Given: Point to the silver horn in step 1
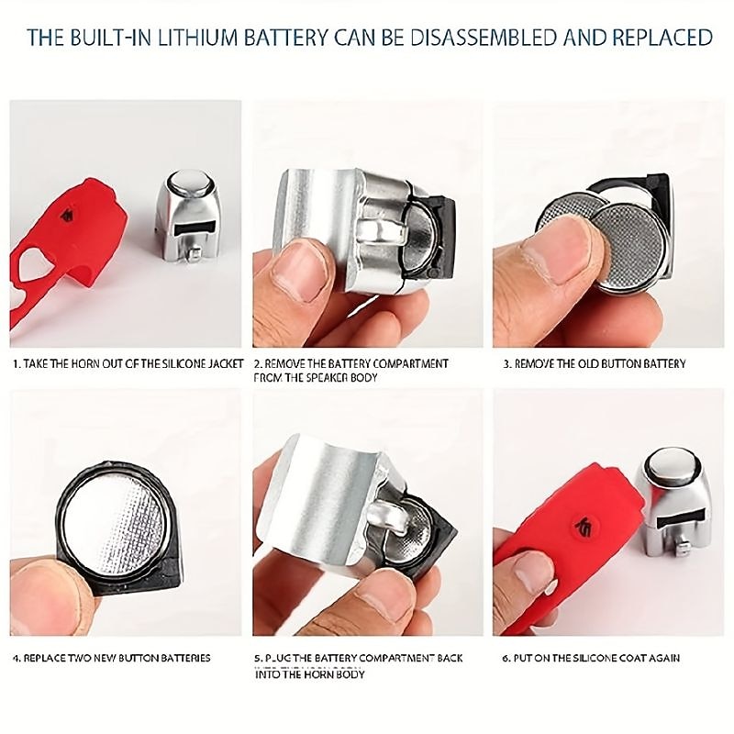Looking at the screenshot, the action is click(x=188, y=217).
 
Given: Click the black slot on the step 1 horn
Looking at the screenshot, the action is click(x=194, y=228).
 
